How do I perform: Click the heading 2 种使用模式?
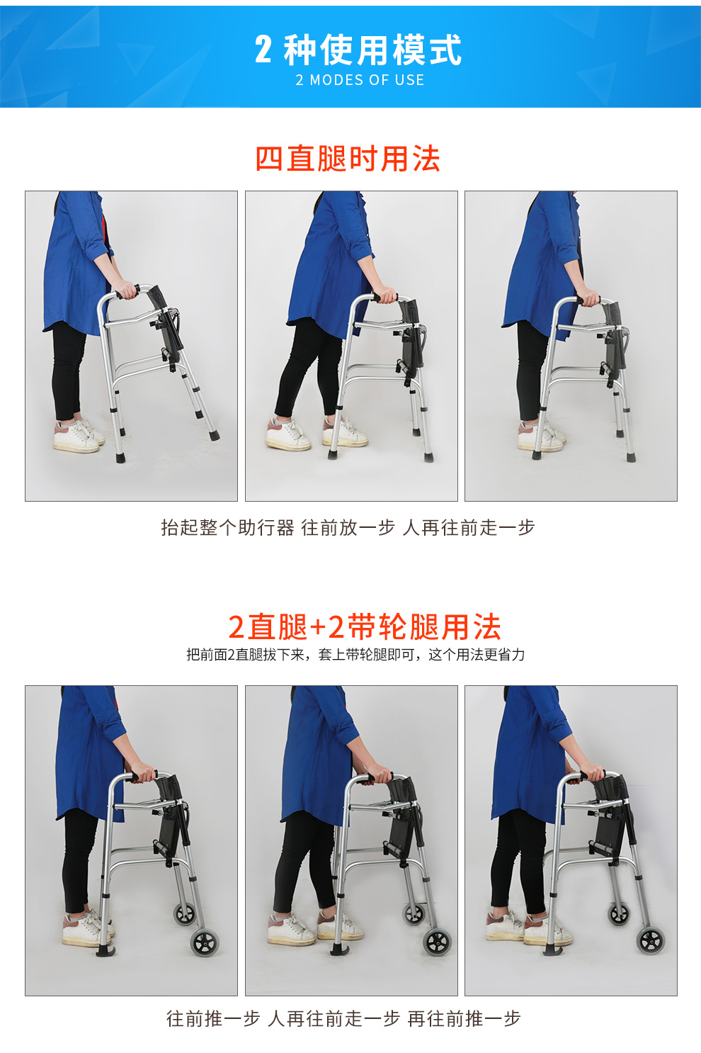[x=358, y=50]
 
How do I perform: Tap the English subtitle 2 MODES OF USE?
[x=360, y=80]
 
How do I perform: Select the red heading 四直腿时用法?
[x=348, y=159]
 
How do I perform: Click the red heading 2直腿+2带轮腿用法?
[x=364, y=627]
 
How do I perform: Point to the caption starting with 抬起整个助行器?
[x=348, y=527]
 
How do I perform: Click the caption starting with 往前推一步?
[x=344, y=1018]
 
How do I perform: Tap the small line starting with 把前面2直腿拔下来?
[x=355, y=655]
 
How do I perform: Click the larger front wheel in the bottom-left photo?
[x=205, y=942]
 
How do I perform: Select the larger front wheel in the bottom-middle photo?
[x=436, y=941]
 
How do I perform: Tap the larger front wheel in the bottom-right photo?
[x=651, y=941]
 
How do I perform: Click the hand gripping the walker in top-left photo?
[x=126, y=290]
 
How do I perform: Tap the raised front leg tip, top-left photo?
[x=213, y=435]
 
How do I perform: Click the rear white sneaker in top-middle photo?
[x=287, y=434]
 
